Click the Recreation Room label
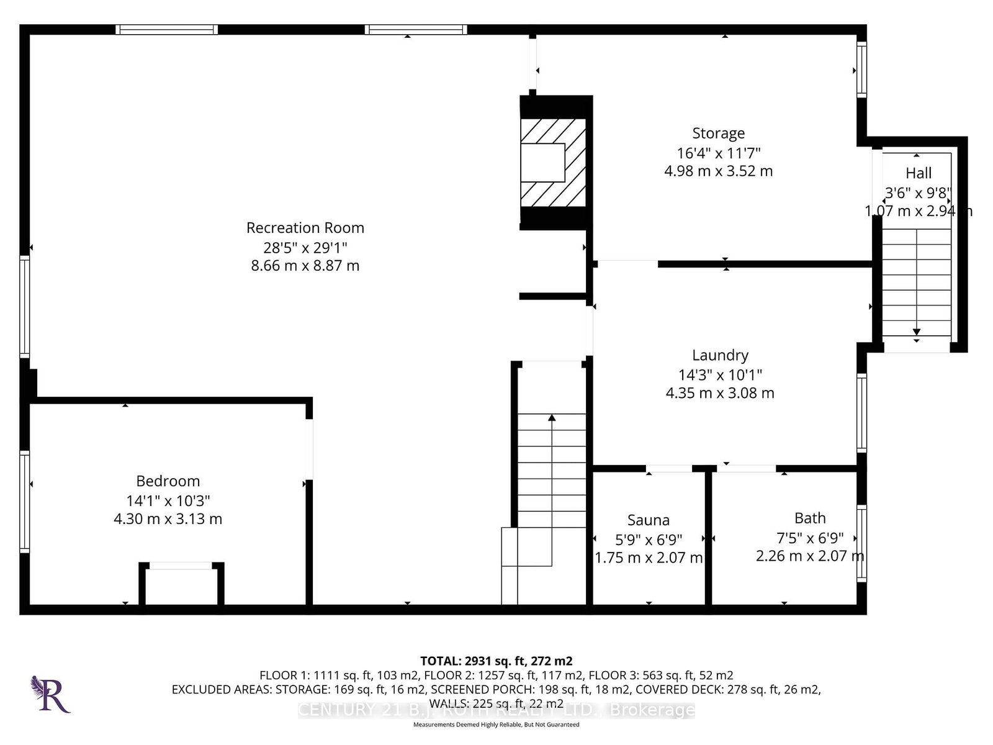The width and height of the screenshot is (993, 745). [305, 228]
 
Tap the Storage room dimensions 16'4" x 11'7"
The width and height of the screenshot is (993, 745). [718, 153]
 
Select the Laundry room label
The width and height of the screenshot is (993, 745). [720, 355]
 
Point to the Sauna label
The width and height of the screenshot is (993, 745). [648, 520]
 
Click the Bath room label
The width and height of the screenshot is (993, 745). [810, 518]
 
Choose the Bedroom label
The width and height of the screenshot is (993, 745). [168, 481]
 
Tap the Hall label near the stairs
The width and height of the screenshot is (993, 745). [919, 173]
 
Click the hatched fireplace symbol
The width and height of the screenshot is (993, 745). [553, 163]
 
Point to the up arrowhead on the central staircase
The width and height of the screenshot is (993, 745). [552, 418]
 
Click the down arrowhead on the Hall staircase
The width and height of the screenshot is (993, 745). [917, 332]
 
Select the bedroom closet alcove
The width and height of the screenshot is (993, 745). [181, 586]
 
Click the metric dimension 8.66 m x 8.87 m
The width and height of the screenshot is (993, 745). [305, 266]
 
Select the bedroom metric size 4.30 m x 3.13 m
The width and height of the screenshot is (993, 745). [168, 519]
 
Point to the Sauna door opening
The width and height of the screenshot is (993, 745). [669, 469]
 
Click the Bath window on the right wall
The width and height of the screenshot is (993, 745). [861, 544]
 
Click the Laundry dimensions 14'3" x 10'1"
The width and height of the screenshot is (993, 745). [720, 374]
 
